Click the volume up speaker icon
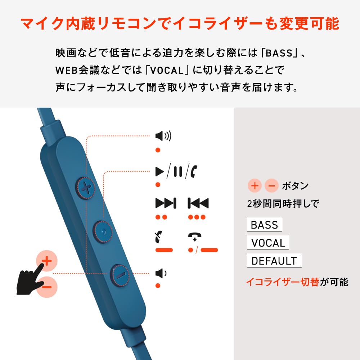[x=163, y=136]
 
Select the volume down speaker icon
[x=161, y=274]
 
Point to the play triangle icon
[x=159, y=172]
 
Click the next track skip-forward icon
[x=166, y=203]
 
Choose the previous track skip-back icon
[x=198, y=203]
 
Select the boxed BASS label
[x=264, y=225]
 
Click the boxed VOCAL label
[x=268, y=243]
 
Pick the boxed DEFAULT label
[x=274, y=261]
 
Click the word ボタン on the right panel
[x=295, y=186]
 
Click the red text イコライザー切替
[x=282, y=282]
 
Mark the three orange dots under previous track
[x=197, y=217]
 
